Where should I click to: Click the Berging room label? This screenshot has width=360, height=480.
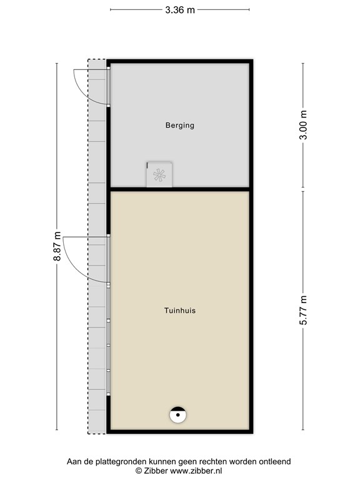coord(180,125)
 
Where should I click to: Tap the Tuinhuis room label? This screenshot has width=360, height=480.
coord(180,310)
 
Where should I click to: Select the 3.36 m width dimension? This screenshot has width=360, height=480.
coord(179,9)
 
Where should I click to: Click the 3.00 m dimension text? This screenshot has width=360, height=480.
coord(304,126)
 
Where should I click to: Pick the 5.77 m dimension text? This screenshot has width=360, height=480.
coord(304,310)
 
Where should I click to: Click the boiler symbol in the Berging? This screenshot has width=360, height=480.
coord(159,175)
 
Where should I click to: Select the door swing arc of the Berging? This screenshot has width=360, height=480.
coord(78,84)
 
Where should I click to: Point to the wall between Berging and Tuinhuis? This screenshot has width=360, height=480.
coord(180,188)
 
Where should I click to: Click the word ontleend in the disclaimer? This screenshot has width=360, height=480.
coord(275,462)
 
